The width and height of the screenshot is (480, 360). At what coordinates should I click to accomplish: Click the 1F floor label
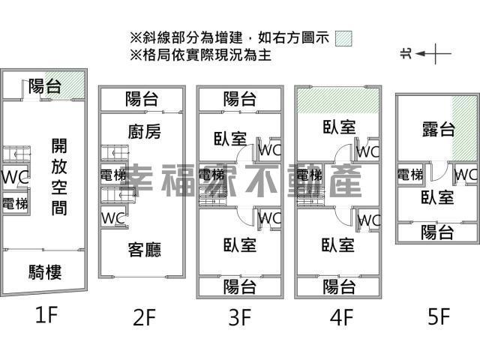[46, 315]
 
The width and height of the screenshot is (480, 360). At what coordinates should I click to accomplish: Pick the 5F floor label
[438, 317]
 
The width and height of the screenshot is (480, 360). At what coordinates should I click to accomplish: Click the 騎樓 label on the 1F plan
[46, 271]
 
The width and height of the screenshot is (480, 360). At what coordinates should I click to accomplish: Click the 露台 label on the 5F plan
[437, 129]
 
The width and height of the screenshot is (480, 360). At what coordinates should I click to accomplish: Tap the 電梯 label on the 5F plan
[409, 175]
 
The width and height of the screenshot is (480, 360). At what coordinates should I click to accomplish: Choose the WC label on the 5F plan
[466, 175]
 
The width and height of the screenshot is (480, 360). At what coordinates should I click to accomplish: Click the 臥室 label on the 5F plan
[437, 198]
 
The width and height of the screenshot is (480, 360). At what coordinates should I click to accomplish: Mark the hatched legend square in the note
[344, 37]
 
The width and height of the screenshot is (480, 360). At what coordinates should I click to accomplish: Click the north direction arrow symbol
[425, 53]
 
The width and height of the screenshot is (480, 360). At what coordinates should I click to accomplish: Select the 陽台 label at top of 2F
[142, 97]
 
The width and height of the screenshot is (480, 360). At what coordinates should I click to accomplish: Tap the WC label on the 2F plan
[113, 217]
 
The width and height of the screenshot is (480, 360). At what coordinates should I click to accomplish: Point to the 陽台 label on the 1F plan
[45, 85]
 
